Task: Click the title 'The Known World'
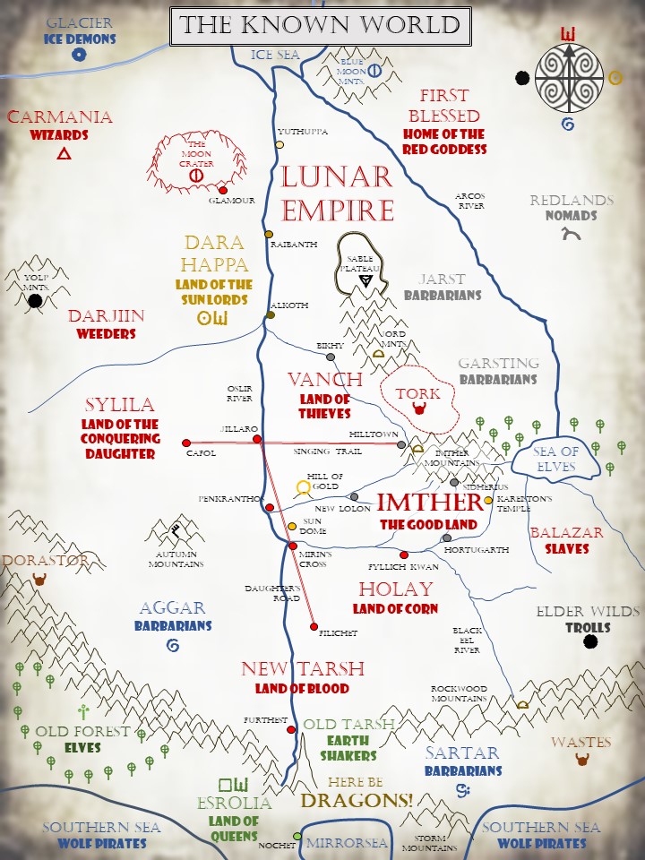321,26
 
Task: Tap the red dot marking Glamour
223,190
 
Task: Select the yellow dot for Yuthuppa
279,144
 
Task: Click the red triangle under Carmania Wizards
64,154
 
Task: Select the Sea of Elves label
556,459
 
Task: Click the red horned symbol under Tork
417,410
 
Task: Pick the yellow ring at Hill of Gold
304,487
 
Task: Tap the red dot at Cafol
186,442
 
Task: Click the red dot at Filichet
314,625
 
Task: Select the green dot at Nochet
297,837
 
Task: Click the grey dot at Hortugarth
447,537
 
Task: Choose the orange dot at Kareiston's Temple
488,500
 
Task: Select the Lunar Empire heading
337,193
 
